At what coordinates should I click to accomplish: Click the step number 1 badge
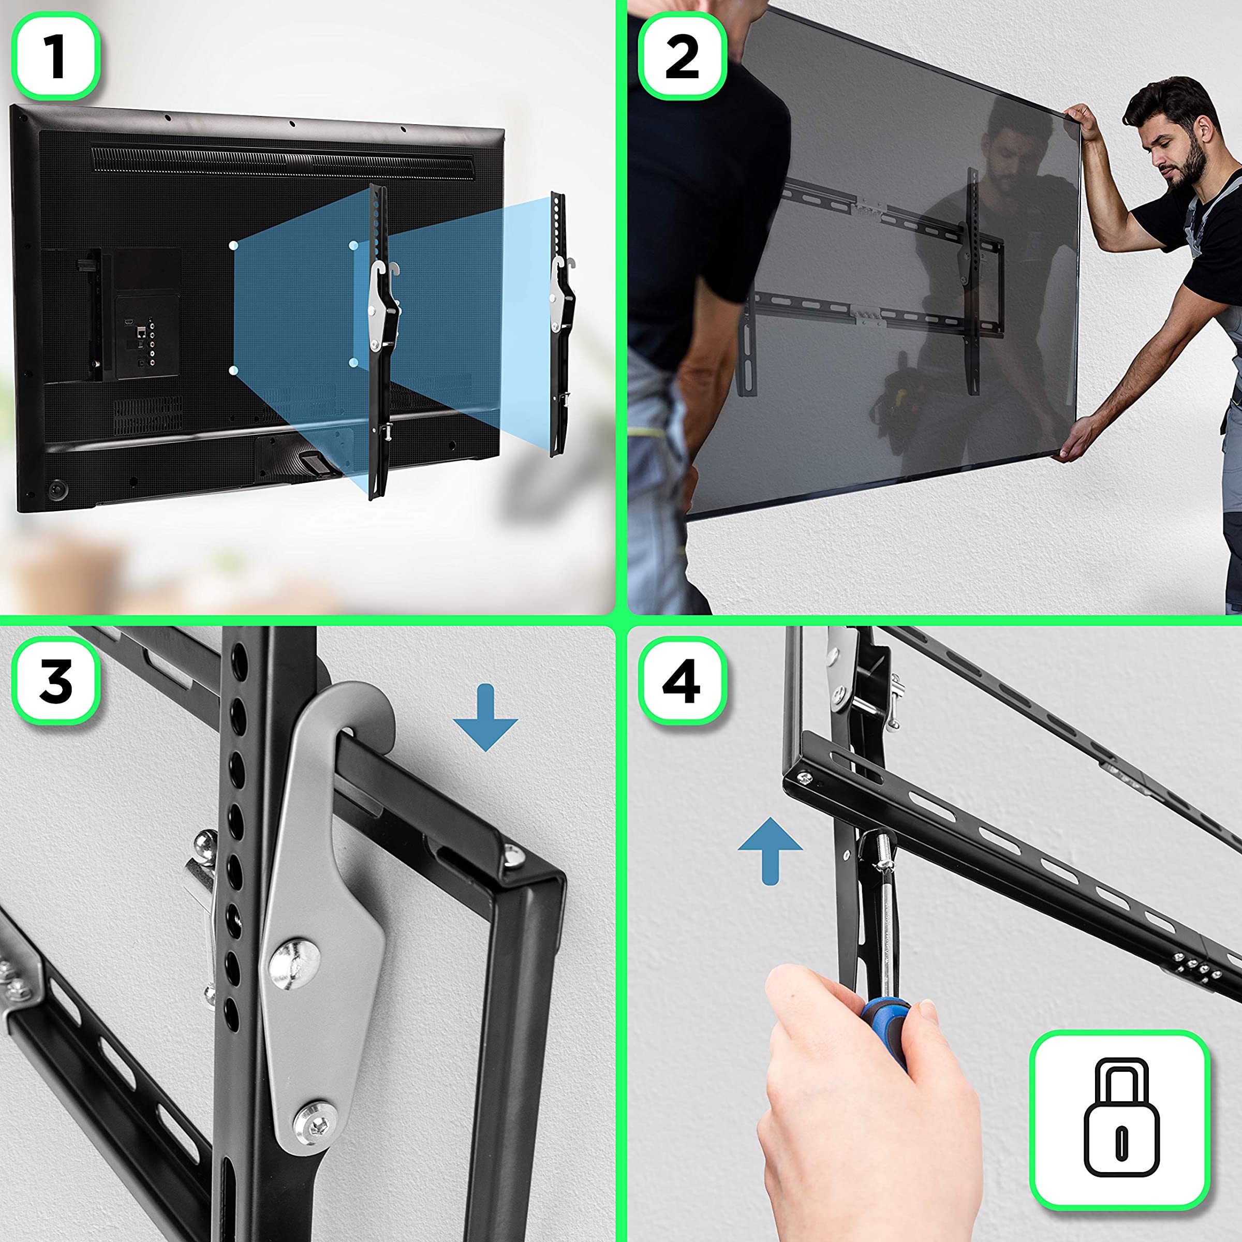pyautogui.click(x=56, y=56)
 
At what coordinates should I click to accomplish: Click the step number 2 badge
pyautogui.click(x=682, y=56)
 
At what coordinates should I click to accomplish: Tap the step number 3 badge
pyautogui.click(x=56, y=681)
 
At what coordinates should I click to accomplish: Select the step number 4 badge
pyautogui.click(x=682, y=681)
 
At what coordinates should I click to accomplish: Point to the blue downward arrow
pyautogui.click(x=485, y=717)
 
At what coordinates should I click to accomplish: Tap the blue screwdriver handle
pyautogui.click(x=886, y=1029)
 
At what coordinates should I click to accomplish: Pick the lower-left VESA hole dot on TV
pyautogui.click(x=233, y=369)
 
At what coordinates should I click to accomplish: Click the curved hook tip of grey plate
pyautogui.click(x=373, y=714)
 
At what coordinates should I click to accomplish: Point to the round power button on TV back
pyautogui.click(x=58, y=490)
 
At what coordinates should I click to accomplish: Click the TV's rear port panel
pyautogui.click(x=146, y=334)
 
